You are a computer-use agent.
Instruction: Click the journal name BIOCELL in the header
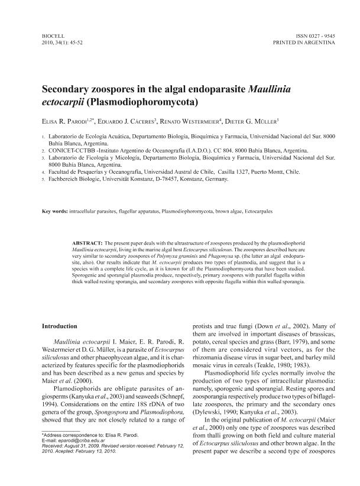[51, 36]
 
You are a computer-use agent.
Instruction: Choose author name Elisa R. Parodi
[63, 122]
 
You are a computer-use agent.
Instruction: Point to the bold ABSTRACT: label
[86, 244]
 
